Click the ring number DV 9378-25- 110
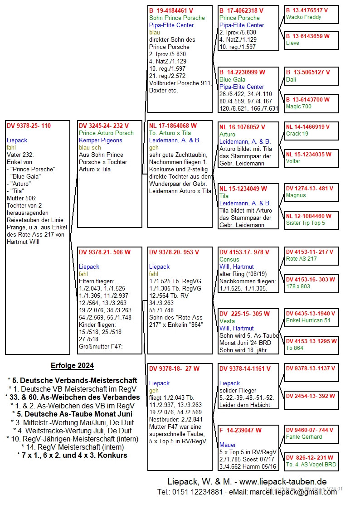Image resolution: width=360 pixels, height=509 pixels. pyautogui.click(x=29, y=126)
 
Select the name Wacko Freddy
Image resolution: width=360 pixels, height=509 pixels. pyautogui.click(x=303, y=17)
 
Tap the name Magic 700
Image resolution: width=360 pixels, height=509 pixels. pyautogui.click(x=298, y=107)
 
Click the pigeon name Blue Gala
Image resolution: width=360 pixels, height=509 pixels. pyautogui.click(x=232, y=79)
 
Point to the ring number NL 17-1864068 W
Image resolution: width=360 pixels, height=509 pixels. pyautogui.click(x=173, y=126)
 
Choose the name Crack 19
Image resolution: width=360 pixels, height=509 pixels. pyautogui.click(x=297, y=134)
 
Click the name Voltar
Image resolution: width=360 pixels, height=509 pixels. pyautogui.click(x=293, y=161)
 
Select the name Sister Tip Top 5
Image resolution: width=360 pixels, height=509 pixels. pyautogui.click(x=305, y=223)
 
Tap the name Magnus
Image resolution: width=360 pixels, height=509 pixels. pyautogui.click(x=296, y=195)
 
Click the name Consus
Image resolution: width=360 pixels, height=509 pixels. pyautogui.click(x=230, y=259)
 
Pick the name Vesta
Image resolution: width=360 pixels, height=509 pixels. pyautogui.click(x=227, y=321)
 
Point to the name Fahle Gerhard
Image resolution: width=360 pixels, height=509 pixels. pyautogui.click(x=304, y=437)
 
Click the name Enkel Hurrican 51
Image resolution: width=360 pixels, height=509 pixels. pyautogui.click(x=308, y=320)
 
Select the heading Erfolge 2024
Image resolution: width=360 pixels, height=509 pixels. pyautogui.click(x=72, y=365)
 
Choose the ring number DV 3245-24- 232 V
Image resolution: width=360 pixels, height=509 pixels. pyautogui.click(x=104, y=126)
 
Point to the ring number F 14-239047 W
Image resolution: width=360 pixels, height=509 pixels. pyautogui.click(x=241, y=431)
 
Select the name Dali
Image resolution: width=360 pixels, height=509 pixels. pyautogui.click(x=291, y=79)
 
